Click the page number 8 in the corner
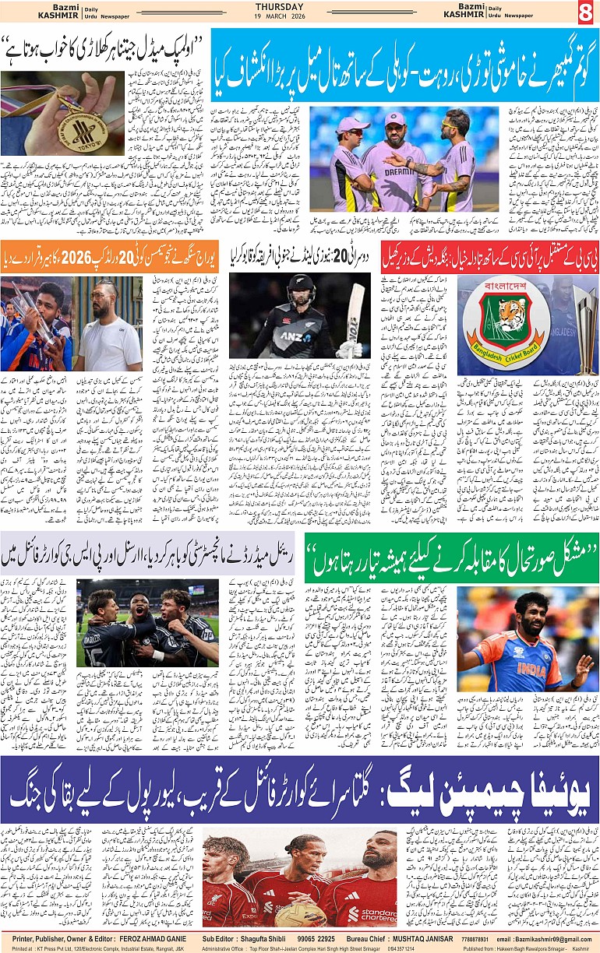[x=585, y=13]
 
